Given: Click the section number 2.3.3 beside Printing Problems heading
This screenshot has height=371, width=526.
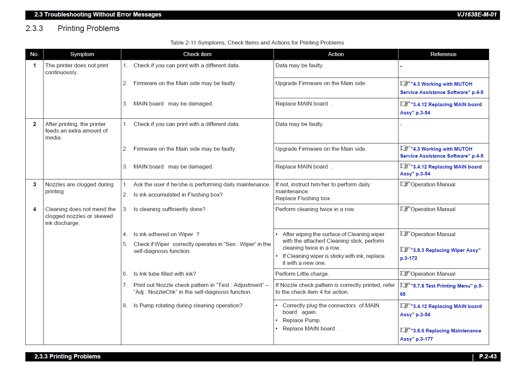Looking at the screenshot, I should [x=34, y=29].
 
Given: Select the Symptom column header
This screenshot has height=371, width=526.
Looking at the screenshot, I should [x=82, y=54].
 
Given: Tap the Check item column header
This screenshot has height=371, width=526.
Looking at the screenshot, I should [x=197, y=54].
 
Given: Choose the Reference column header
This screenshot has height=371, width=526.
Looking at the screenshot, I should [x=443, y=54].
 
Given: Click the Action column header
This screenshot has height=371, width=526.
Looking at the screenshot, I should [x=336, y=54].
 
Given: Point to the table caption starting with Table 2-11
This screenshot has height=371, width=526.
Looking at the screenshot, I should [x=257, y=43].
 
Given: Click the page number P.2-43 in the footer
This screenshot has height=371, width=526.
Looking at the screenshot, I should [x=488, y=356].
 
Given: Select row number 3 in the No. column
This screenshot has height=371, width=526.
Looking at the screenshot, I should [x=35, y=185].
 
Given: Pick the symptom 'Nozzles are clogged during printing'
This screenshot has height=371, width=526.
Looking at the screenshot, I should [x=79, y=188].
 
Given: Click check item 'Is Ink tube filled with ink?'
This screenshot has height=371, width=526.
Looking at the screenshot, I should [x=164, y=274].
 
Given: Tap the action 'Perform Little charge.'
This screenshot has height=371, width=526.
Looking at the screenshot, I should [x=302, y=274].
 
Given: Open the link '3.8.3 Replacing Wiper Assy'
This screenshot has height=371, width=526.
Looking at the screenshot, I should [x=446, y=251].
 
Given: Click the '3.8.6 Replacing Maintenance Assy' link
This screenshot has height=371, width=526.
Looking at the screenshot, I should [x=447, y=331].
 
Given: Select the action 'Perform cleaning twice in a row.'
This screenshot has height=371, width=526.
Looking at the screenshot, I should [x=315, y=209].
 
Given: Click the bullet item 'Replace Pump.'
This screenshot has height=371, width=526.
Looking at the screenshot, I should [x=302, y=321].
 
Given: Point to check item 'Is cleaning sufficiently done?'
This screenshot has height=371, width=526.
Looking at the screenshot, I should [x=169, y=209].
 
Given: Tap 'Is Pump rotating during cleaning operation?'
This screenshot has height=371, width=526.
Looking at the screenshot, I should [x=188, y=306].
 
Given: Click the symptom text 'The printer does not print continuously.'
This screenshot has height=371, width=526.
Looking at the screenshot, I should [x=77, y=69].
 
